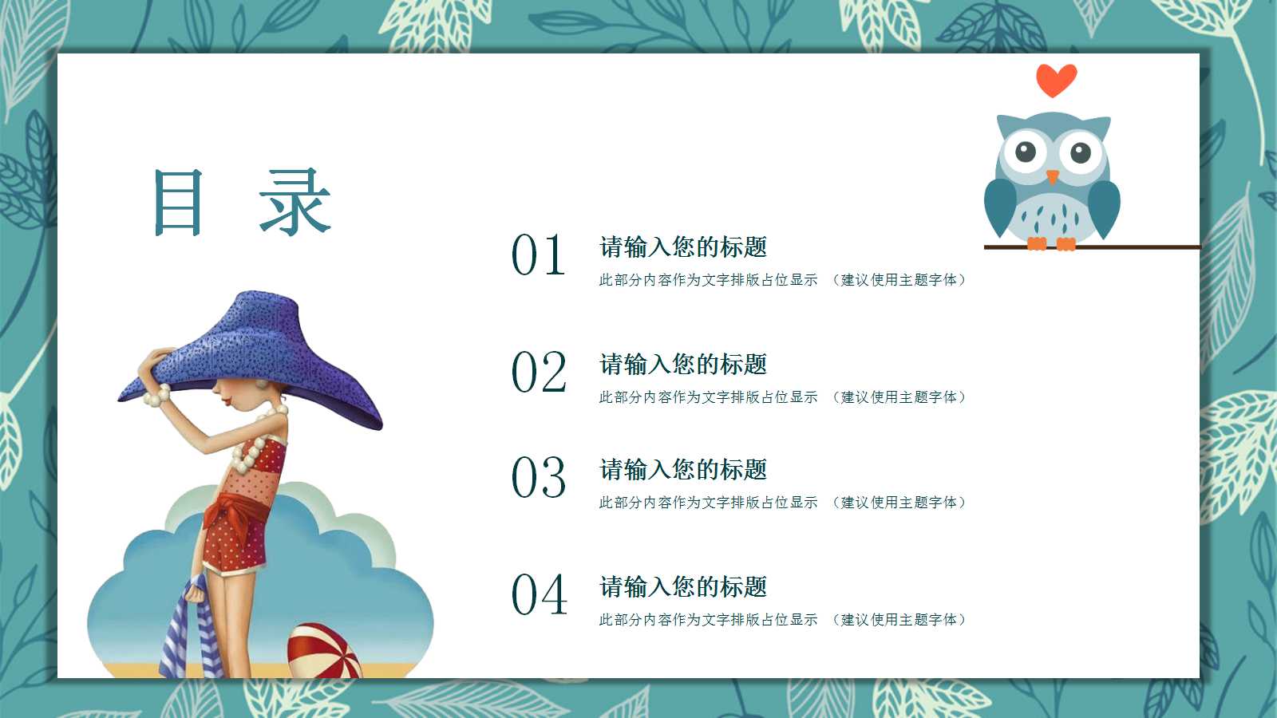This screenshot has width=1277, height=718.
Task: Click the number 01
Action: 539,255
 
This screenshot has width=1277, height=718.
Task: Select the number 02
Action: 539,373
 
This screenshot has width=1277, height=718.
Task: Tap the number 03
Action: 539,478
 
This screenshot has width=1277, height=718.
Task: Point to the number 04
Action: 539,595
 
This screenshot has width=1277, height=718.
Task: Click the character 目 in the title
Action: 179,203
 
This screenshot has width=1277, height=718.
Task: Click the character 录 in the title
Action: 295,203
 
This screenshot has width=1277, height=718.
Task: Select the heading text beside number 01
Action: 683,247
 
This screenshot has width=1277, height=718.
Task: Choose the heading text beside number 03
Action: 683,470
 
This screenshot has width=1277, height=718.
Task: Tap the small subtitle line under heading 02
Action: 782,397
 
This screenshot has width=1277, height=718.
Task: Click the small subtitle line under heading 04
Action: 782,620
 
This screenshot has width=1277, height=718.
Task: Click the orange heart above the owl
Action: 1056,80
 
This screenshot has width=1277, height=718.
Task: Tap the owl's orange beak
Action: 1053,176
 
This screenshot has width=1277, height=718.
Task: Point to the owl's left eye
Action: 1026,151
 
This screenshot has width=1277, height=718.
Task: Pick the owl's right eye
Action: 1081,152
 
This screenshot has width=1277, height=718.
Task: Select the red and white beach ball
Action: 323,650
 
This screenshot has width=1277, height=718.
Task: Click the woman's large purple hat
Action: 263,351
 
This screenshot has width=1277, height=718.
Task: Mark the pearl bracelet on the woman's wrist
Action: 157,395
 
